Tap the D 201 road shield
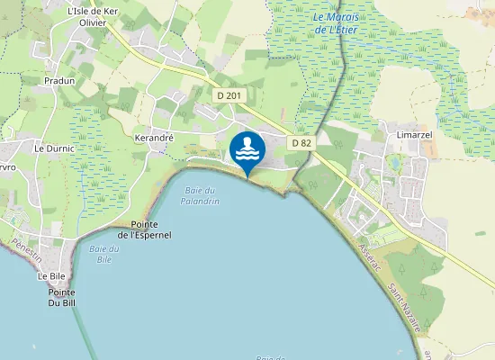[229, 94]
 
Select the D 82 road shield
[301, 143]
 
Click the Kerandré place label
[153, 139]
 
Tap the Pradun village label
[59, 80]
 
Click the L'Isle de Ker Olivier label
[92, 16]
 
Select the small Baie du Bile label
[104, 254]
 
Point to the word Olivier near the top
[92, 22]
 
